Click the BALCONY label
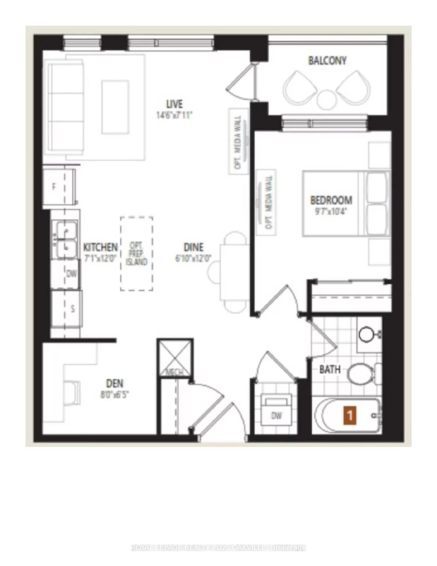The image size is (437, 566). click(x=327, y=61)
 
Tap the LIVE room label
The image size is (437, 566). click(x=174, y=104)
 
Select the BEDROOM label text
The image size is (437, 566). click(x=331, y=200)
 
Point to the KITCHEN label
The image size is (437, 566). click(x=100, y=247)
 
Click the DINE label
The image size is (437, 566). click(x=194, y=247)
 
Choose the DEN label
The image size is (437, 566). click(x=115, y=383)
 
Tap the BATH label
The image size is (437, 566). click(x=330, y=369)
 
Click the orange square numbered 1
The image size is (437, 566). click(x=350, y=415)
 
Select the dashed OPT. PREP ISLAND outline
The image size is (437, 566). click(x=137, y=253)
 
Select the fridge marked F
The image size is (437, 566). click(x=55, y=187)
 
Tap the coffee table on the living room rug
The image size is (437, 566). click(x=115, y=107)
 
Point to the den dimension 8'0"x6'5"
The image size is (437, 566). click(x=115, y=394)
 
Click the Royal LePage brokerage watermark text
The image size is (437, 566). click(x=218, y=547)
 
